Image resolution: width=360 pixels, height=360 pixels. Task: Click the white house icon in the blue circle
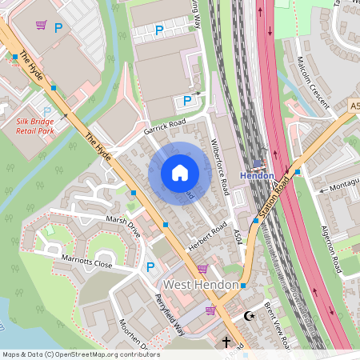click(x=180, y=172)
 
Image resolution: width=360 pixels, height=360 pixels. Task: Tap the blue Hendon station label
click(x=258, y=176)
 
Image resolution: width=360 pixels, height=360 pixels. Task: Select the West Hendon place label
click(x=201, y=285)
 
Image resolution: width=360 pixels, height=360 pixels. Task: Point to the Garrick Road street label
click(x=165, y=126)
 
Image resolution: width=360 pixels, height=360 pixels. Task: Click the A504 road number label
click(x=238, y=237)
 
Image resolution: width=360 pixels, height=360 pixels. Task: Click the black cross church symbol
click(x=226, y=342)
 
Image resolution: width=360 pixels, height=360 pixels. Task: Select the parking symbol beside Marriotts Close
click(x=150, y=267)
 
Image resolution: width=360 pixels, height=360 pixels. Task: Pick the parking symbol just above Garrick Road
click(x=187, y=101)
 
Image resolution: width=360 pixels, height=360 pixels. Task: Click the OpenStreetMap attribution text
click(x=80, y=354)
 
